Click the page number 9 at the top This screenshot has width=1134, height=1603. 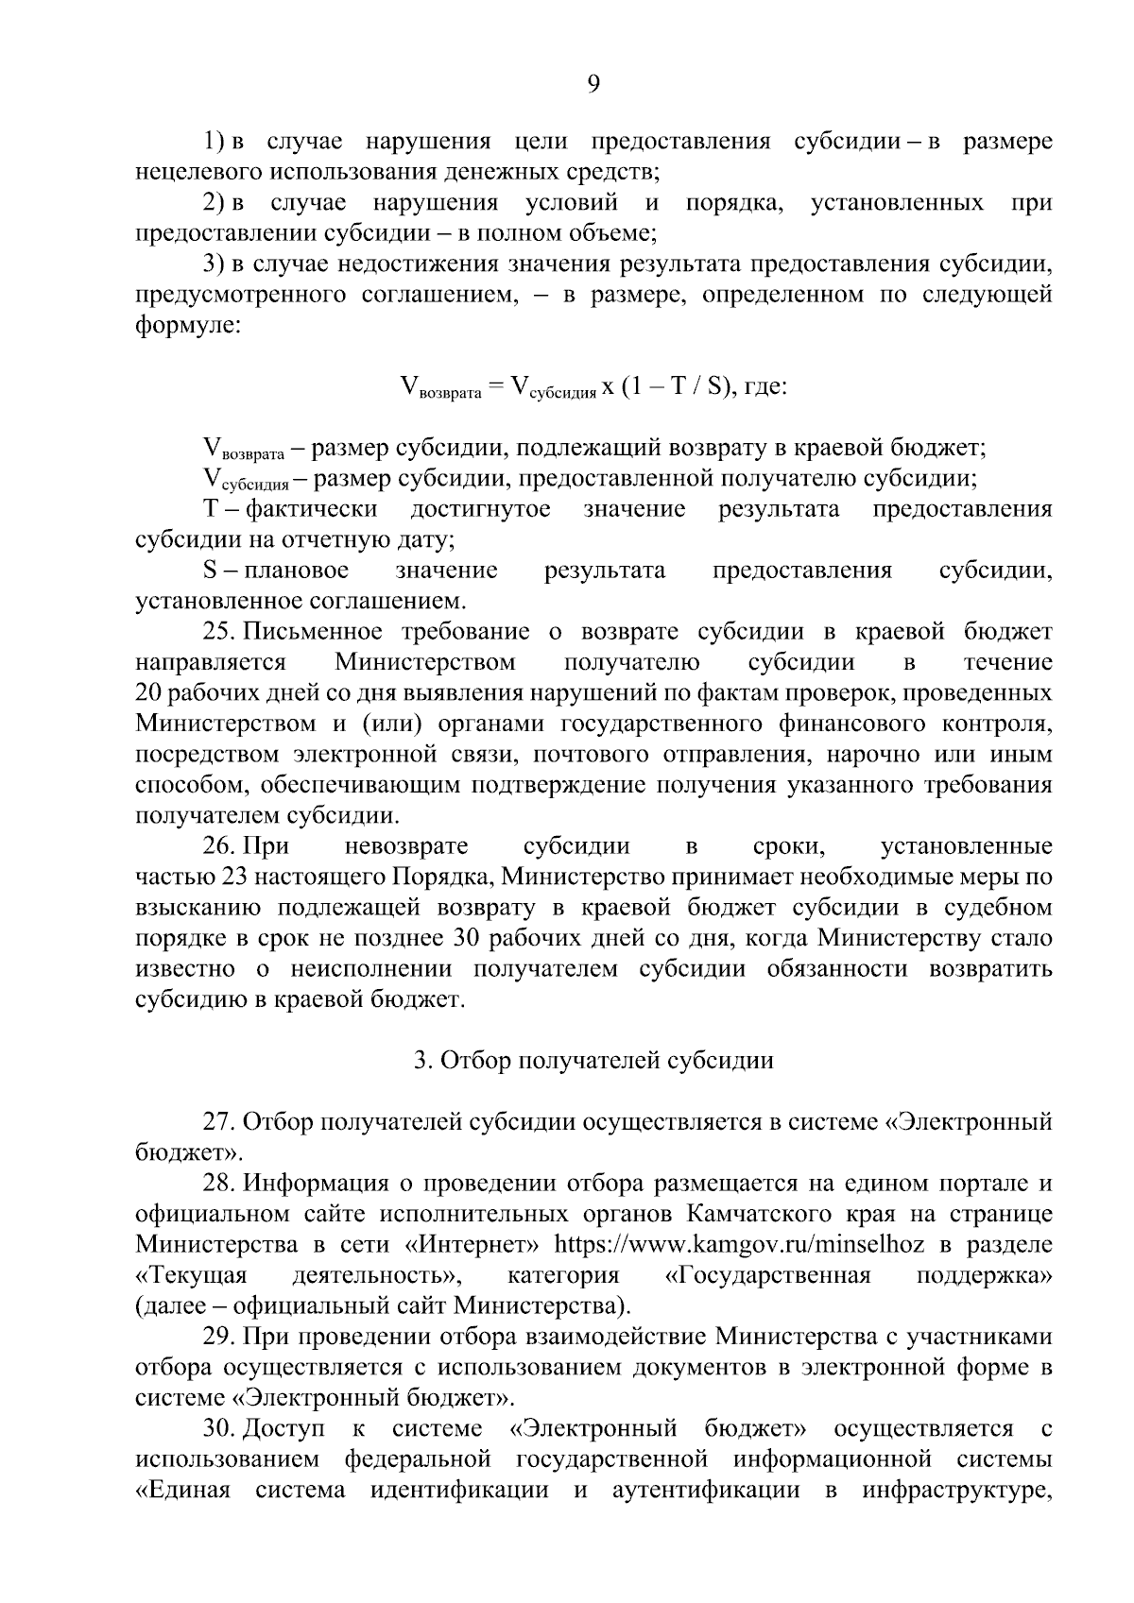click(593, 85)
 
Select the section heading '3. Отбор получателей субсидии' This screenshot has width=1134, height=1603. click(593, 1061)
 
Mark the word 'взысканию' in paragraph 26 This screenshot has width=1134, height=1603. click(198, 908)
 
